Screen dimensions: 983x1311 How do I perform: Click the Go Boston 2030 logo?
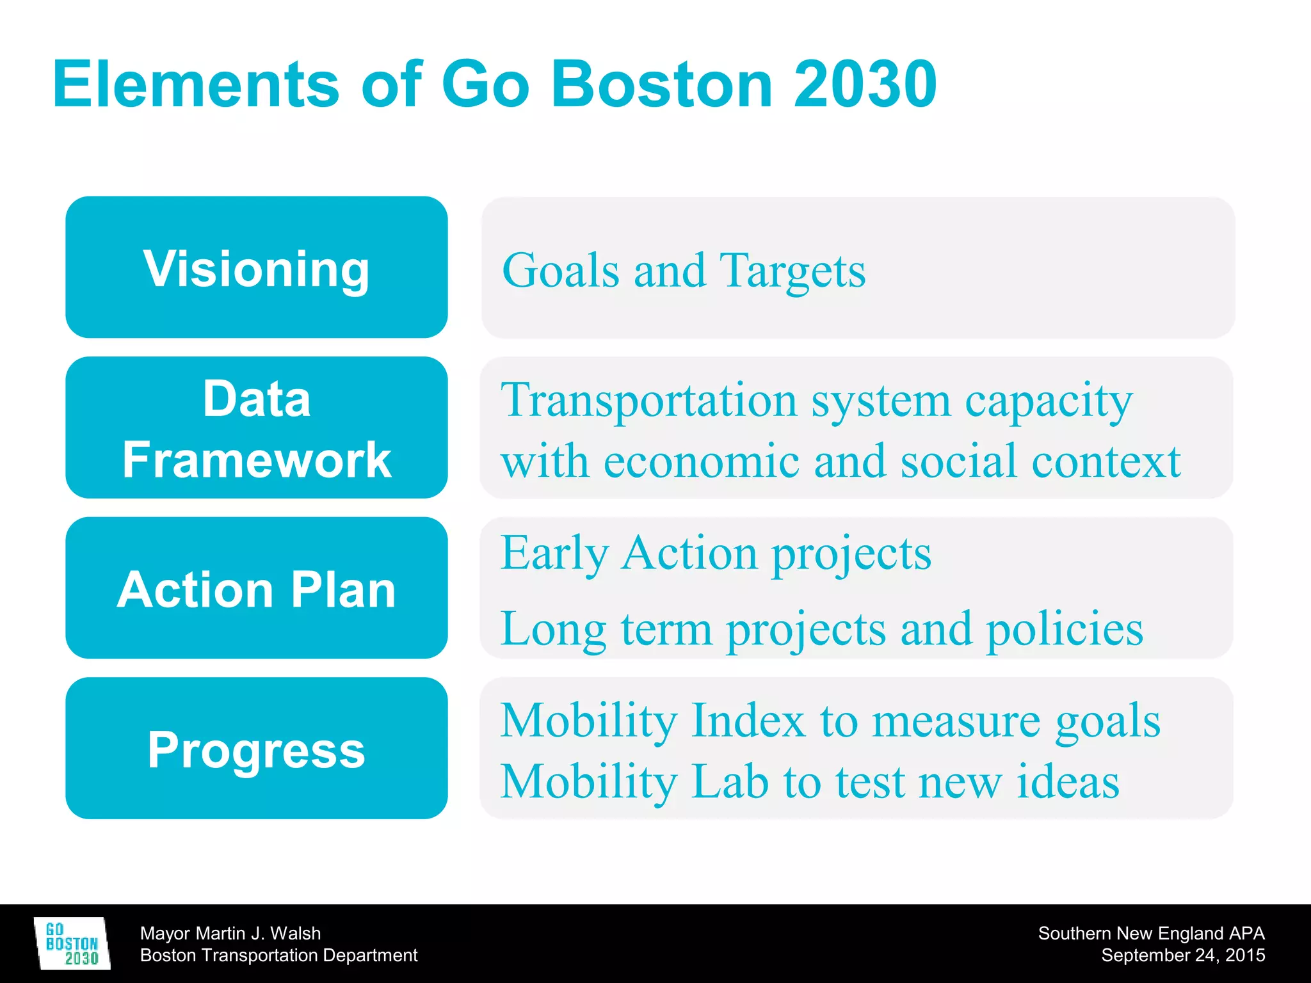pyautogui.click(x=72, y=943)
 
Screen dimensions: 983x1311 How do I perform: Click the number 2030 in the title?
pyautogui.click(x=865, y=84)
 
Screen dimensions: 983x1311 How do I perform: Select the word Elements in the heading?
pyautogui.click(x=195, y=84)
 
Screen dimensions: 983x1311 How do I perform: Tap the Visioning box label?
pyautogui.click(x=256, y=269)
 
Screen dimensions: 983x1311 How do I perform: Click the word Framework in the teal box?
pyautogui.click(x=256, y=460)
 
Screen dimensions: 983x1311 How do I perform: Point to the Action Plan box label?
pyautogui.click(x=256, y=589)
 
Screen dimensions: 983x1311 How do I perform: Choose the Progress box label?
pyautogui.click(x=256, y=749)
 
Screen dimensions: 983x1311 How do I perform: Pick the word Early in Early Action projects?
pyautogui.click(x=554, y=554)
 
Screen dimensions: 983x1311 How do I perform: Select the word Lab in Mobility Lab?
pyautogui.click(x=730, y=782)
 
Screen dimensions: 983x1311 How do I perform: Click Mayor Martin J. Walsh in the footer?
pyautogui.click(x=230, y=933)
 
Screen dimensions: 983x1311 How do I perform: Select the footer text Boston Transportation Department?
pyautogui.click(x=278, y=955)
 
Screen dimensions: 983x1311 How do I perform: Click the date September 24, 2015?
pyautogui.click(x=1182, y=955)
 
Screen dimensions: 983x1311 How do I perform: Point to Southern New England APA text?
pyautogui.click(x=1151, y=933)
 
